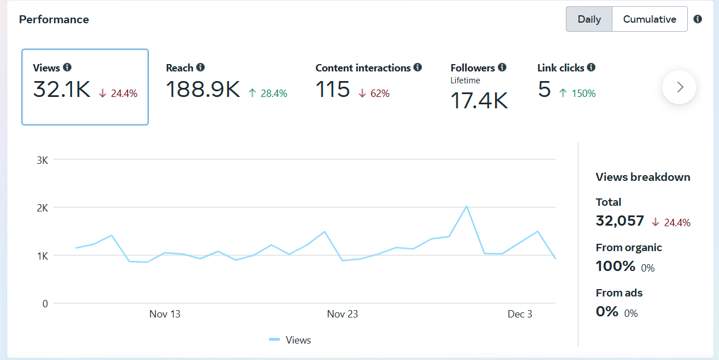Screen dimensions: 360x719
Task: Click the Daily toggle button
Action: [x=589, y=19]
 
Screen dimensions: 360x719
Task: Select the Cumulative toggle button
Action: [x=649, y=19]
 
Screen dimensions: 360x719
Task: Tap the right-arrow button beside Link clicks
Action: [x=679, y=87]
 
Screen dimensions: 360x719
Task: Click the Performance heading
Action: [x=54, y=19]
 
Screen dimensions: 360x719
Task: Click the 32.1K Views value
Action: [x=61, y=90]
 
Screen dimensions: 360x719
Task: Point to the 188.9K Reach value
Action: [x=203, y=90]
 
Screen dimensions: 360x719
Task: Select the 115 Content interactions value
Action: [x=332, y=90]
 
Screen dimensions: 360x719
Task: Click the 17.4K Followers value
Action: [x=479, y=101]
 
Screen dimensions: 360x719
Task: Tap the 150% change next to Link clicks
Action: [x=583, y=94]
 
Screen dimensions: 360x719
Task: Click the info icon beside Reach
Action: [x=201, y=67]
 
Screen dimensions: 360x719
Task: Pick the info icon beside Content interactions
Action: [x=418, y=67]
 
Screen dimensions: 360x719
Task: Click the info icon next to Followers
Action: [x=502, y=67]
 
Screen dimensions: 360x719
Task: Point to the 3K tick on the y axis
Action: [x=42, y=160]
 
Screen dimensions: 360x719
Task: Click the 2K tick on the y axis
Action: [x=42, y=208]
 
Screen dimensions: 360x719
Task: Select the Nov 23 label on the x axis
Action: [x=342, y=314]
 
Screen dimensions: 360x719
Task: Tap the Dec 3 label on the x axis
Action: [x=520, y=314]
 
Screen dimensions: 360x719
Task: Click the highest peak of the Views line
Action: [x=466, y=206]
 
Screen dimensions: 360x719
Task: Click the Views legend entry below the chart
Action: [x=290, y=340]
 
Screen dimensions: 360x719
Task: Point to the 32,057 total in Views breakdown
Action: [x=620, y=221]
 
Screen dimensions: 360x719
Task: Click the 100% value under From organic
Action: [x=615, y=266]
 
